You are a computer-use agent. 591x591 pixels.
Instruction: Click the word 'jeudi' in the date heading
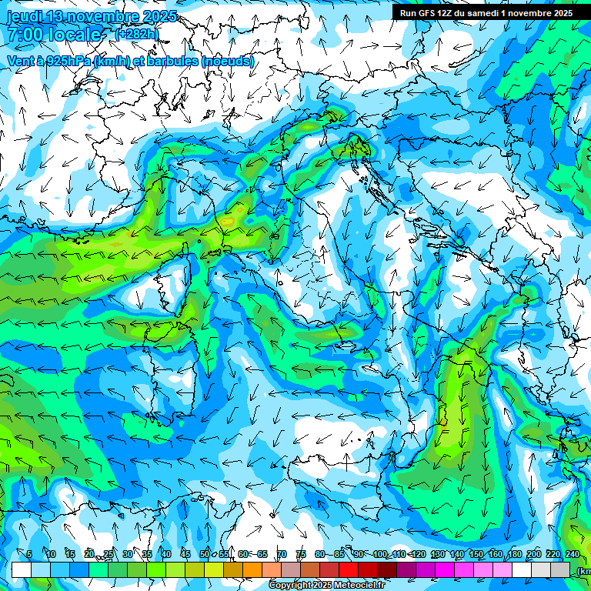pos(24,16)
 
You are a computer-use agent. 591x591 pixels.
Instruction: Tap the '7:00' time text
pos(25,35)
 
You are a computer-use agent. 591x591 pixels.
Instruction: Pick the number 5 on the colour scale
pos(29,555)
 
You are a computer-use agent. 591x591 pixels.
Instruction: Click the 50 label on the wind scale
pos(205,555)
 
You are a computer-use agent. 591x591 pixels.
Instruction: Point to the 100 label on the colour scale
pos(380,555)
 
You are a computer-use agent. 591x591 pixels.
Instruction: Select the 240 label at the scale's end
pos(573,555)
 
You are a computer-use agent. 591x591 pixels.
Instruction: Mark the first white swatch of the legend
pos(22,569)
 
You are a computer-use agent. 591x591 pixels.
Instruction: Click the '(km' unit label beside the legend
pos(584,571)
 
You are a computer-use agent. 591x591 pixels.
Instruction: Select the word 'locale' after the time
pos(75,35)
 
